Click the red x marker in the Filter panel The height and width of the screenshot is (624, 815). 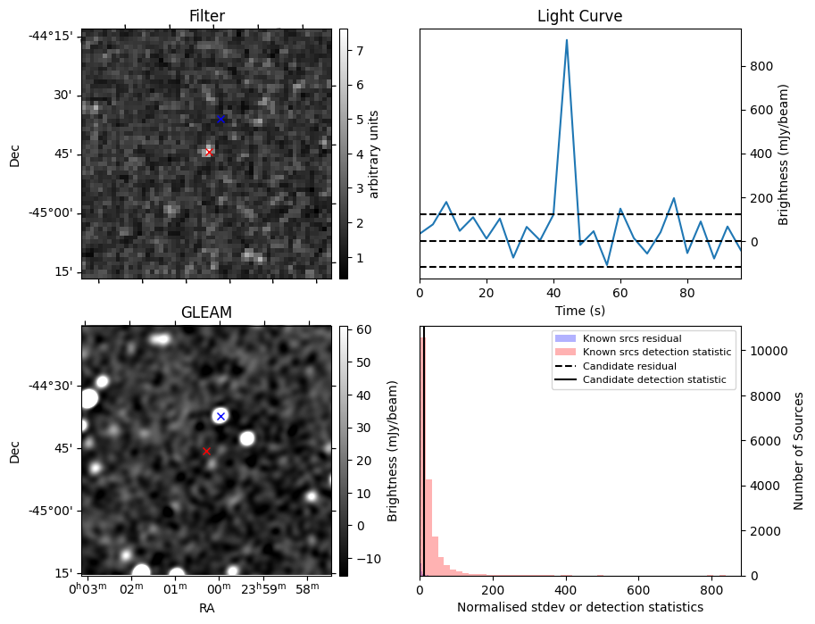(209, 152)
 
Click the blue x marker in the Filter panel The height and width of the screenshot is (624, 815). (221, 119)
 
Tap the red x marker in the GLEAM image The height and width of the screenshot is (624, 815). (206, 452)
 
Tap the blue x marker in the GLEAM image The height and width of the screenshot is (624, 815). (220, 416)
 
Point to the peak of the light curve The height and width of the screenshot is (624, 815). (567, 40)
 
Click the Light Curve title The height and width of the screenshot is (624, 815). (579, 16)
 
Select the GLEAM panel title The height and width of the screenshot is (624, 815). (206, 312)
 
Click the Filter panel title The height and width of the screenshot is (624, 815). (206, 16)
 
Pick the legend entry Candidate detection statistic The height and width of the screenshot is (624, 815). (656, 380)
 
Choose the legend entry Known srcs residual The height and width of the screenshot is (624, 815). (632, 338)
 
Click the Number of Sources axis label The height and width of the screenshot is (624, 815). (799, 451)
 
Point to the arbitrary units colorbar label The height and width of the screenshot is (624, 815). (374, 154)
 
